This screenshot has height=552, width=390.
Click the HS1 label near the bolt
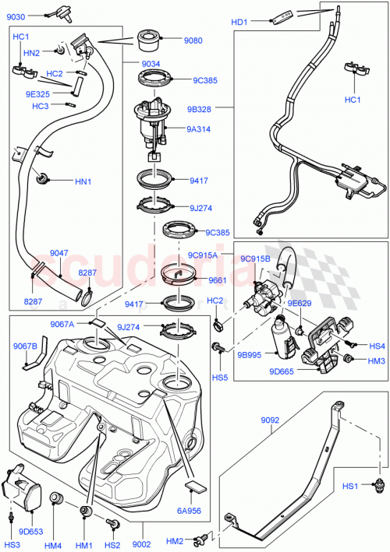(353, 487)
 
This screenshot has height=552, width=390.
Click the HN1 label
(83, 182)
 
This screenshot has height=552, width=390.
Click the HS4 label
(378, 346)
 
